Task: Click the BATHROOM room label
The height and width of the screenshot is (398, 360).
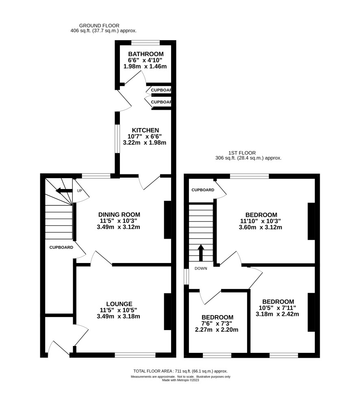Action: [x=145, y=54]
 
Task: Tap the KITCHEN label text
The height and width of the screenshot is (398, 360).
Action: [x=145, y=130]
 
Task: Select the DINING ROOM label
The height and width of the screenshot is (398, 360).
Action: [x=119, y=215]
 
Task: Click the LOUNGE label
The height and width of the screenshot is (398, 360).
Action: [x=119, y=304]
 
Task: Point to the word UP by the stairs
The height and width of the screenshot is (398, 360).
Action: [x=79, y=191]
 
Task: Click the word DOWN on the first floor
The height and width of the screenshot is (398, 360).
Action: [x=201, y=268]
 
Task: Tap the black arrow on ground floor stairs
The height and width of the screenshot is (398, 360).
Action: [x=64, y=191]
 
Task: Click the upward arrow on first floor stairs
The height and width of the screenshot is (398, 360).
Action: [x=201, y=253]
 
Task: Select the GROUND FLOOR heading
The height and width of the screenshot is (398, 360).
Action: [x=99, y=26]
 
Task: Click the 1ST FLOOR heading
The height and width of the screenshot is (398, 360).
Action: [x=242, y=153]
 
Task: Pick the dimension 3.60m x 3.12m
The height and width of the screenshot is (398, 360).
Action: [x=260, y=227]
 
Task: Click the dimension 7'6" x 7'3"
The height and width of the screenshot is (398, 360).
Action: [x=217, y=324]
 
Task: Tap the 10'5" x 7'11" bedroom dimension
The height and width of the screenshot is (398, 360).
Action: [x=277, y=308]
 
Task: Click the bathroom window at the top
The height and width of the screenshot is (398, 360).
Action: [x=145, y=43]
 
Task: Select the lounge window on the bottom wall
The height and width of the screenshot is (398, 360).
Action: [x=135, y=355]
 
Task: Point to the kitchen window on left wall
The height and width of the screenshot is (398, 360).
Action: [x=117, y=139]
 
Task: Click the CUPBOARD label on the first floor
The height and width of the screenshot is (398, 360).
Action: [x=203, y=190]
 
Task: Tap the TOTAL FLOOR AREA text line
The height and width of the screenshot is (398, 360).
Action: [x=180, y=371]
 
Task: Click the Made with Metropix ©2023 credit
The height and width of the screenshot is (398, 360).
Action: [x=180, y=380]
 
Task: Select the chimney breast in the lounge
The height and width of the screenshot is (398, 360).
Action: [x=168, y=312]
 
